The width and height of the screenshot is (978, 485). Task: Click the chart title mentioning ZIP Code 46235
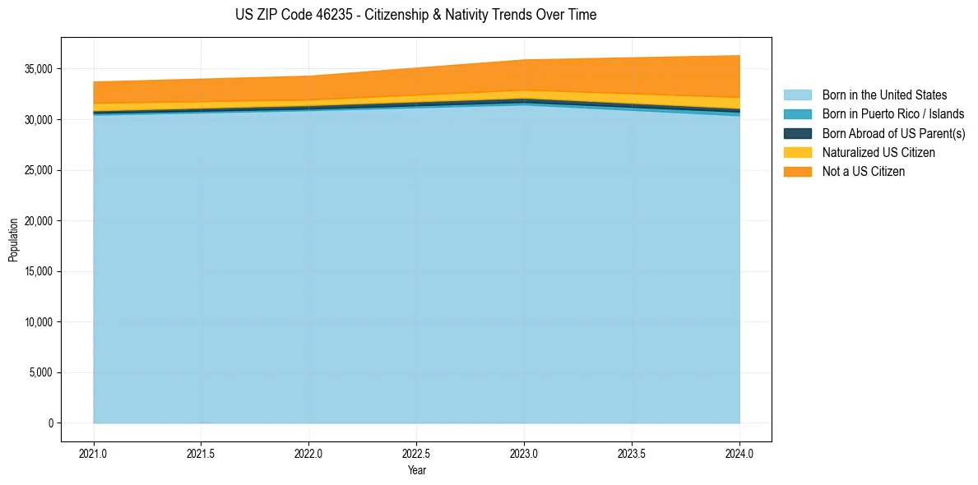click(415, 15)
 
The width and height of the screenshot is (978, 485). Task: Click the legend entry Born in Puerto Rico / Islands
click(892, 114)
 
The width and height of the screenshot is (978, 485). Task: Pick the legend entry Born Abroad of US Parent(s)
click(893, 133)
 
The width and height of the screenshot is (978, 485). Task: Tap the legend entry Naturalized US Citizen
click(878, 152)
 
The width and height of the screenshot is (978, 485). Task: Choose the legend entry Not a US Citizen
click(864, 171)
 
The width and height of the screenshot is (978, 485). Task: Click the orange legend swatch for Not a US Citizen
click(797, 171)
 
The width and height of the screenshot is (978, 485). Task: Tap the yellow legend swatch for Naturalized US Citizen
click(797, 152)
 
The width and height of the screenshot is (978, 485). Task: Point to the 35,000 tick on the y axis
click(38, 69)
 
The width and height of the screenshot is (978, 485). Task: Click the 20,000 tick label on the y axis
click(38, 221)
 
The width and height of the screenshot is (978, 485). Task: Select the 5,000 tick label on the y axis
click(40, 372)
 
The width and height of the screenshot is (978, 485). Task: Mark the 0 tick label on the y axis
click(50, 423)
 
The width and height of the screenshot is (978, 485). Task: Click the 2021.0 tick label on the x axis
click(94, 453)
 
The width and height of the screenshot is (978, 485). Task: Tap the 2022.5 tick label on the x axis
click(416, 453)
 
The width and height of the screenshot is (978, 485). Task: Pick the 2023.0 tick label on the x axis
click(524, 453)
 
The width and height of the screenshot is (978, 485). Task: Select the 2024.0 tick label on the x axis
click(739, 453)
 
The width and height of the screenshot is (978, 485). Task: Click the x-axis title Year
click(416, 470)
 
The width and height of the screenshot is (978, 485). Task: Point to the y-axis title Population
click(13, 239)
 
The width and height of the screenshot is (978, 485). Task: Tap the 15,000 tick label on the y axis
click(38, 271)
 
